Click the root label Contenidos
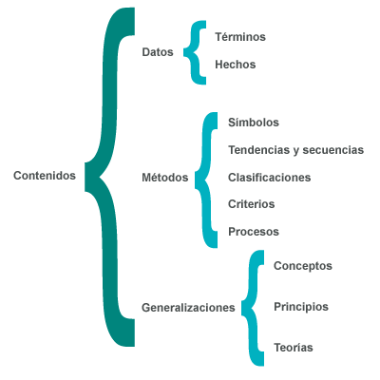point(45,176)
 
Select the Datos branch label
point(158,52)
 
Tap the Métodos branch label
point(165,178)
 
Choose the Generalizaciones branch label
point(188,308)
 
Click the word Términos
point(240,37)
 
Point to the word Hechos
point(236,65)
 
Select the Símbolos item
point(254,123)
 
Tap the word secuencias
point(333,150)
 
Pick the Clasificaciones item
point(270,178)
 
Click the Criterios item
point(252,204)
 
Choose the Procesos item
point(254,232)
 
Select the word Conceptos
point(303,266)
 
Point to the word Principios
point(301,307)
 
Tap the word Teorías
point(294,348)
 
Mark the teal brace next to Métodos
point(200,180)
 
